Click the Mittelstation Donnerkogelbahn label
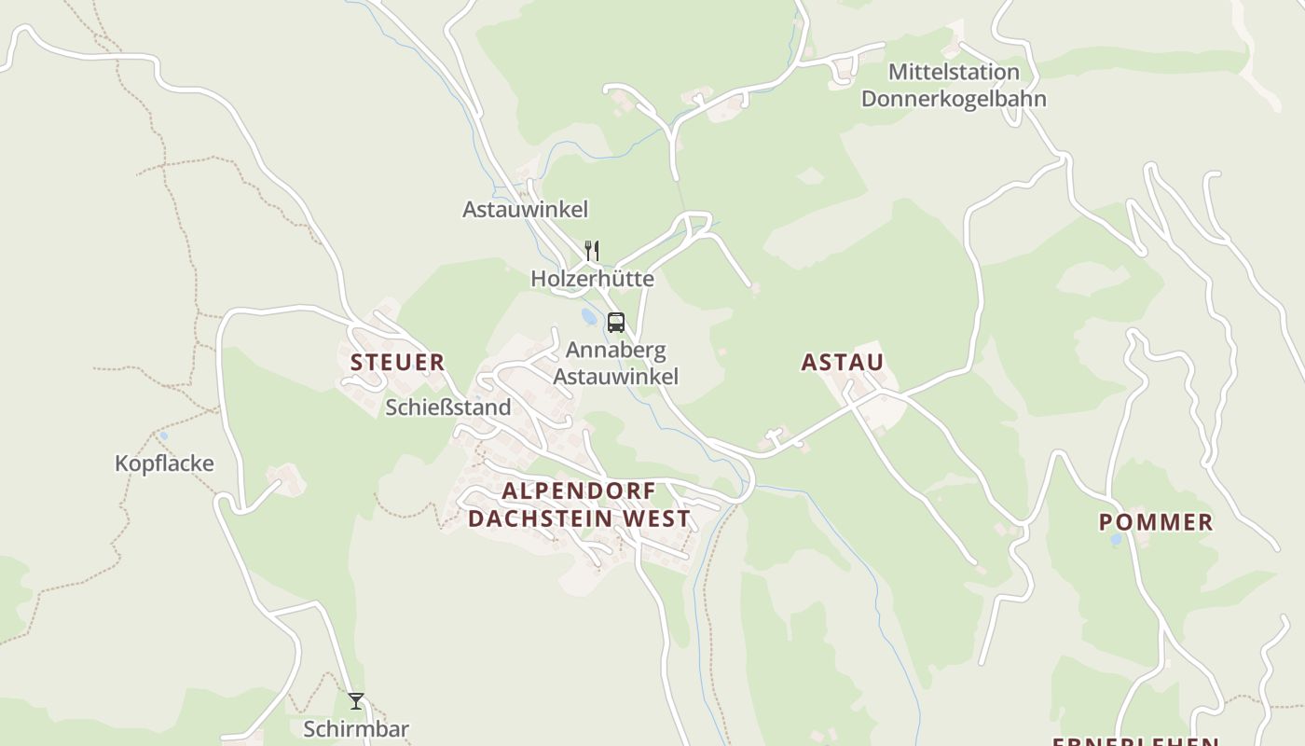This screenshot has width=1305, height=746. point(954,85)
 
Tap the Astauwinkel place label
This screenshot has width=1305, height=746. point(525,210)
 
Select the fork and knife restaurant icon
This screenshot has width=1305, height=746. point(591,250)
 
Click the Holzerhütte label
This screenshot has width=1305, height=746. point(592,279)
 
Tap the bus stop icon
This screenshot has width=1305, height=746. point(615,323)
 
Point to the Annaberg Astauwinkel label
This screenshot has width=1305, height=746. point(615,364)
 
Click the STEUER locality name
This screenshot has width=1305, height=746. point(397,363)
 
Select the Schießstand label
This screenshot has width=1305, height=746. point(448,408)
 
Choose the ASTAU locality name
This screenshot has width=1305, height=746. point(843,363)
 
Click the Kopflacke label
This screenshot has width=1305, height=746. point(164,463)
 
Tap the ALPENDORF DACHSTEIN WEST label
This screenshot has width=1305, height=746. point(579,504)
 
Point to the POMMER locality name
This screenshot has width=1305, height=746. point(1156,522)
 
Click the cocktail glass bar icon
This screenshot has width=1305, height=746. point(356,701)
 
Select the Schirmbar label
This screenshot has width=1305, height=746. point(356,729)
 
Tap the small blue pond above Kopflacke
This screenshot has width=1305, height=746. point(164,435)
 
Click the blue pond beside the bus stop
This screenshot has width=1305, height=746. point(589,318)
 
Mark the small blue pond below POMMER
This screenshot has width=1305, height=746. point(1116,540)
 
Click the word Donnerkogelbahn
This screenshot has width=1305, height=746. point(954,99)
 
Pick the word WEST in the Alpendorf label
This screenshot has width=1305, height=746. point(660,518)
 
